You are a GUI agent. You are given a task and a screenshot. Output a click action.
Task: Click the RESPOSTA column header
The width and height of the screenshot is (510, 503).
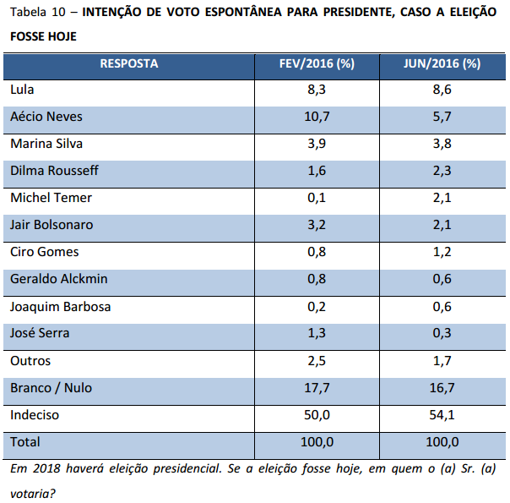pyautogui.click(x=128, y=63)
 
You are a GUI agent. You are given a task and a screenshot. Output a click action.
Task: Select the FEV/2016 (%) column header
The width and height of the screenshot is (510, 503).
pyautogui.click(x=317, y=63)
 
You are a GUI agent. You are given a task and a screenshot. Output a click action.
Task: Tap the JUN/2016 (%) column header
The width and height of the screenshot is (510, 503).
pyautogui.click(x=442, y=63)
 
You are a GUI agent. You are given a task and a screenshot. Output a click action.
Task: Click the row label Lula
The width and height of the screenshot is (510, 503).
pyautogui.click(x=22, y=89)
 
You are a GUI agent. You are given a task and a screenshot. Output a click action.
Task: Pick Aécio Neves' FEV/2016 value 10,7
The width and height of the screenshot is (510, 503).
pyautogui.click(x=317, y=117)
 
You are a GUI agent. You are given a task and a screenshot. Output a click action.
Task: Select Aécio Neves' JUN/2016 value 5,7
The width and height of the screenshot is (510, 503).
pyautogui.click(x=442, y=117)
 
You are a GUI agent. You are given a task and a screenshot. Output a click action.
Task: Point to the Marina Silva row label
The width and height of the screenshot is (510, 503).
pyautogui.click(x=46, y=144)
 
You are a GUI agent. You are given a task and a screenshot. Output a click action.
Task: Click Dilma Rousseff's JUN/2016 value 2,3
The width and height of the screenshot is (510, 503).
pyautogui.click(x=442, y=171)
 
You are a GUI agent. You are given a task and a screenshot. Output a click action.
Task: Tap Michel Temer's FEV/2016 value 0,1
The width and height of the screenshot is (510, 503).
pyautogui.click(x=317, y=198)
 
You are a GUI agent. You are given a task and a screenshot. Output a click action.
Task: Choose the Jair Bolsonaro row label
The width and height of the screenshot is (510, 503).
pyautogui.click(x=52, y=225)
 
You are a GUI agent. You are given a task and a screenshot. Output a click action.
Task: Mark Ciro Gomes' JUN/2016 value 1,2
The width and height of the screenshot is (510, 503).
pyautogui.click(x=442, y=252)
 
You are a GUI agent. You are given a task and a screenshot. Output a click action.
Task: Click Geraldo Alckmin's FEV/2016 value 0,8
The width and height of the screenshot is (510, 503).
pyautogui.click(x=317, y=279)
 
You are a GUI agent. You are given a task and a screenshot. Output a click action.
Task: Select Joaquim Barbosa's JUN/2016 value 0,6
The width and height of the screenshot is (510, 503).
pyautogui.click(x=442, y=306)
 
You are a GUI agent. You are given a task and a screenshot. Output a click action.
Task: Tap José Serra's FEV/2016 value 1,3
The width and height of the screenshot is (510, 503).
pyautogui.click(x=317, y=333)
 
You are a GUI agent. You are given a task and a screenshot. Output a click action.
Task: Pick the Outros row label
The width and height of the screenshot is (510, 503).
pyautogui.click(x=30, y=361)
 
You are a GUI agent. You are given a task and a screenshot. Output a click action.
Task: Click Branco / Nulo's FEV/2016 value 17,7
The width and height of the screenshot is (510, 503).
pyautogui.click(x=317, y=388)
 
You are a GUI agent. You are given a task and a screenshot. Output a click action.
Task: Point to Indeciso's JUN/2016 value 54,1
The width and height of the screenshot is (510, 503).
pyautogui.click(x=442, y=415)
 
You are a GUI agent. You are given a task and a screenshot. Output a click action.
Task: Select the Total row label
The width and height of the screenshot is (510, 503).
pyautogui.click(x=25, y=442)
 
